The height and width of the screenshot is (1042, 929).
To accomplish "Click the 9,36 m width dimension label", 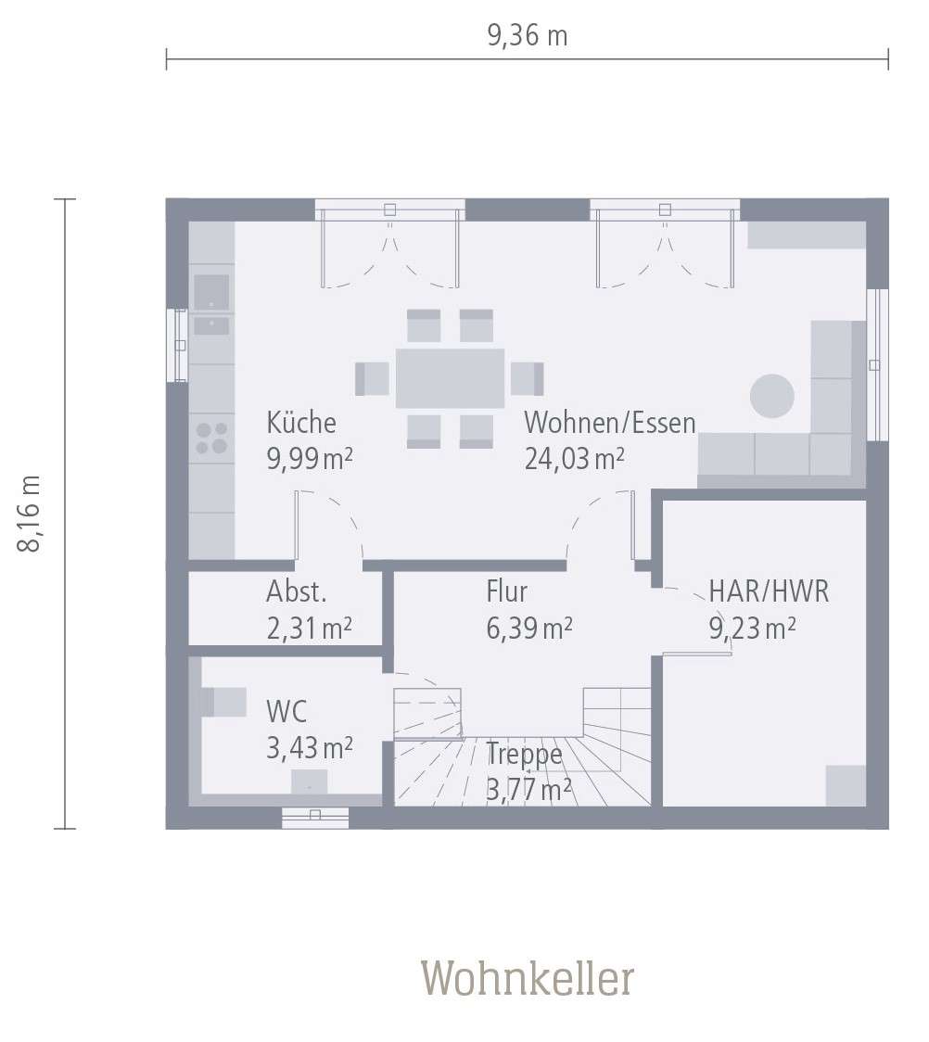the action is pos(527,36).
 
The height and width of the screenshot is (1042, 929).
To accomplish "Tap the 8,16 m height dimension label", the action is pos(32,514).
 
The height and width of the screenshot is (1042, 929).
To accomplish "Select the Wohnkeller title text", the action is pos(528,978).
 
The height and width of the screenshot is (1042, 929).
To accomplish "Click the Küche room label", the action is pos(301,423).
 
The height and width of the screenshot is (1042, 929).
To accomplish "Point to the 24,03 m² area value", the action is pos(574,458).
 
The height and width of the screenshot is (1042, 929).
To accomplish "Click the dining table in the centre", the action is pos(450,378).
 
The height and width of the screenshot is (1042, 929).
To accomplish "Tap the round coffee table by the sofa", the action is pos(771,396).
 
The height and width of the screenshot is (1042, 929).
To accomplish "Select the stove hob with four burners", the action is pos(211,438).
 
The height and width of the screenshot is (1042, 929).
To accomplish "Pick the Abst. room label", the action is pos(297,591).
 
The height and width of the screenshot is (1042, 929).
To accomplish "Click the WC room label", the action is pos(286,712).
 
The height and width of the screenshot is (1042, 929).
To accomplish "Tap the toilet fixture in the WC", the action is pos(223,702).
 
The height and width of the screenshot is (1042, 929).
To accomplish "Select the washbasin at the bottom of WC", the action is pos(309,781).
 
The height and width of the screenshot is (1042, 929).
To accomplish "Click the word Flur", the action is pos(506,591).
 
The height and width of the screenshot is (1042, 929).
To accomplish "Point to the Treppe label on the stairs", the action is pos(524,754).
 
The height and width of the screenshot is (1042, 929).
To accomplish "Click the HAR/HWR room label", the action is pos(769,591).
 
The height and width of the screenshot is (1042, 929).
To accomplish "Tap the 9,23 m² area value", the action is pos(753,629).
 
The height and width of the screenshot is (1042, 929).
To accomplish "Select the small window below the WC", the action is pos(315,817).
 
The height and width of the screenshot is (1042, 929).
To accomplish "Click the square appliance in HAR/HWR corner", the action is pos(845,785).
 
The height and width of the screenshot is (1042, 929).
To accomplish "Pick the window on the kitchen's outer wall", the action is pos(177,345).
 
